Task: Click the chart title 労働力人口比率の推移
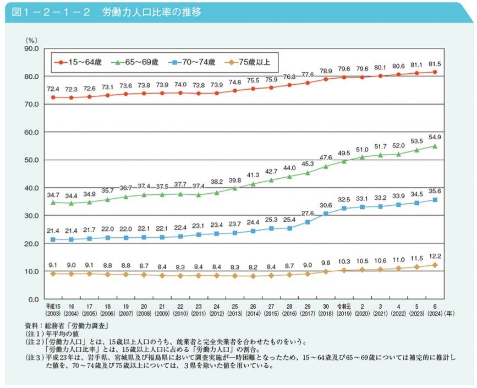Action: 146,12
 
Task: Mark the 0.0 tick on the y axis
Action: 31,299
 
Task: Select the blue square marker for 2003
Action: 52,239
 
